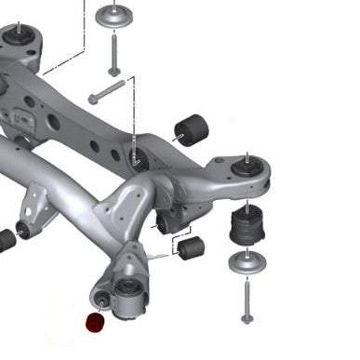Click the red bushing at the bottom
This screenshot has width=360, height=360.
click(x=95, y=324)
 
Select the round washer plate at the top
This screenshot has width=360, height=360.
click(x=117, y=18)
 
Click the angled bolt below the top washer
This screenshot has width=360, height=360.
click(x=108, y=91)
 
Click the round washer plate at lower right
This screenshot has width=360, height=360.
click(x=245, y=264)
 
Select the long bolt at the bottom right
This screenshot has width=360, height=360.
click(x=246, y=301)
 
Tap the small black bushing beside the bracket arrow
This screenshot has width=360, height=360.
click(x=191, y=247)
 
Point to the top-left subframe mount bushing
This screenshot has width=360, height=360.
click(x=20, y=36)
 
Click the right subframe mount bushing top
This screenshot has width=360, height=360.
click(x=247, y=165)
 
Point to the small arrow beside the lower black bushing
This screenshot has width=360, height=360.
click(x=174, y=248)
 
